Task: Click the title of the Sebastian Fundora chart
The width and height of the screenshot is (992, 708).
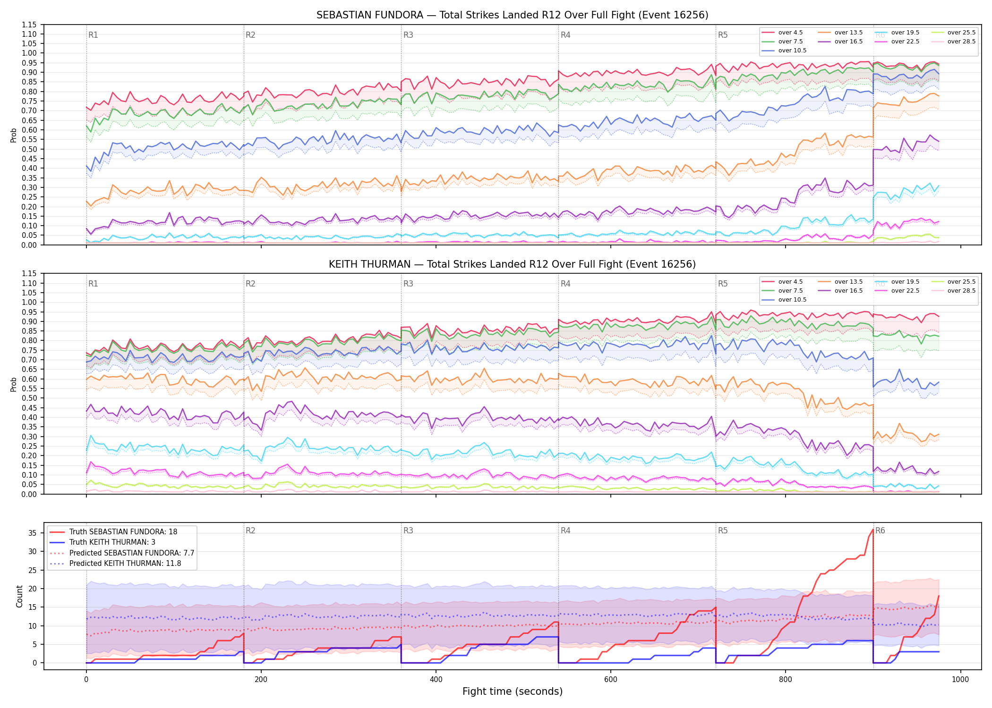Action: tap(512, 15)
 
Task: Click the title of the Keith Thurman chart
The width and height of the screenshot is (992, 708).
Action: tap(512, 264)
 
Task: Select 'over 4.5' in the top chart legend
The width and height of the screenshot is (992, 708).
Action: tap(790, 33)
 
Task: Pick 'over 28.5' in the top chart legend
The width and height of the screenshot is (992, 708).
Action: tap(961, 42)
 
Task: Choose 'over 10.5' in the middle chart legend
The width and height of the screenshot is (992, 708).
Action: tap(792, 300)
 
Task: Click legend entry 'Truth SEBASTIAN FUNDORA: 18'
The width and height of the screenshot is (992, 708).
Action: tap(123, 532)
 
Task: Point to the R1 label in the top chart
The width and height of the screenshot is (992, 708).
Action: tap(93, 35)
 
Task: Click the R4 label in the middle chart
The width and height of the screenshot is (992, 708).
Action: tap(565, 284)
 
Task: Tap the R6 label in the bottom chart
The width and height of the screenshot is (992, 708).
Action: tap(880, 531)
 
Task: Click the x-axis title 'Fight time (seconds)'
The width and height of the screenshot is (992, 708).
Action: tap(513, 691)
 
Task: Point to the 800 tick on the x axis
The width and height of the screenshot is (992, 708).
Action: tap(786, 680)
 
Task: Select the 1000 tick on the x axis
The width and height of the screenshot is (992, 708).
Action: tap(960, 680)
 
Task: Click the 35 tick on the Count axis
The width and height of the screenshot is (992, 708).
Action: tap(33, 533)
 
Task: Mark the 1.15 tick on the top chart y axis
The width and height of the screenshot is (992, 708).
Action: tap(29, 25)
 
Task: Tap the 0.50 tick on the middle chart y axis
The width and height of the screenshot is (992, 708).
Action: tap(29, 398)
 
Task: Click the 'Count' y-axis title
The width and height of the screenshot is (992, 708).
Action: tap(19, 596)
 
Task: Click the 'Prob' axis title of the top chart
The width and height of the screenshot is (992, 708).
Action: tap(14, 135)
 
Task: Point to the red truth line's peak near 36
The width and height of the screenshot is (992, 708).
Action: tap(872, 529)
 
